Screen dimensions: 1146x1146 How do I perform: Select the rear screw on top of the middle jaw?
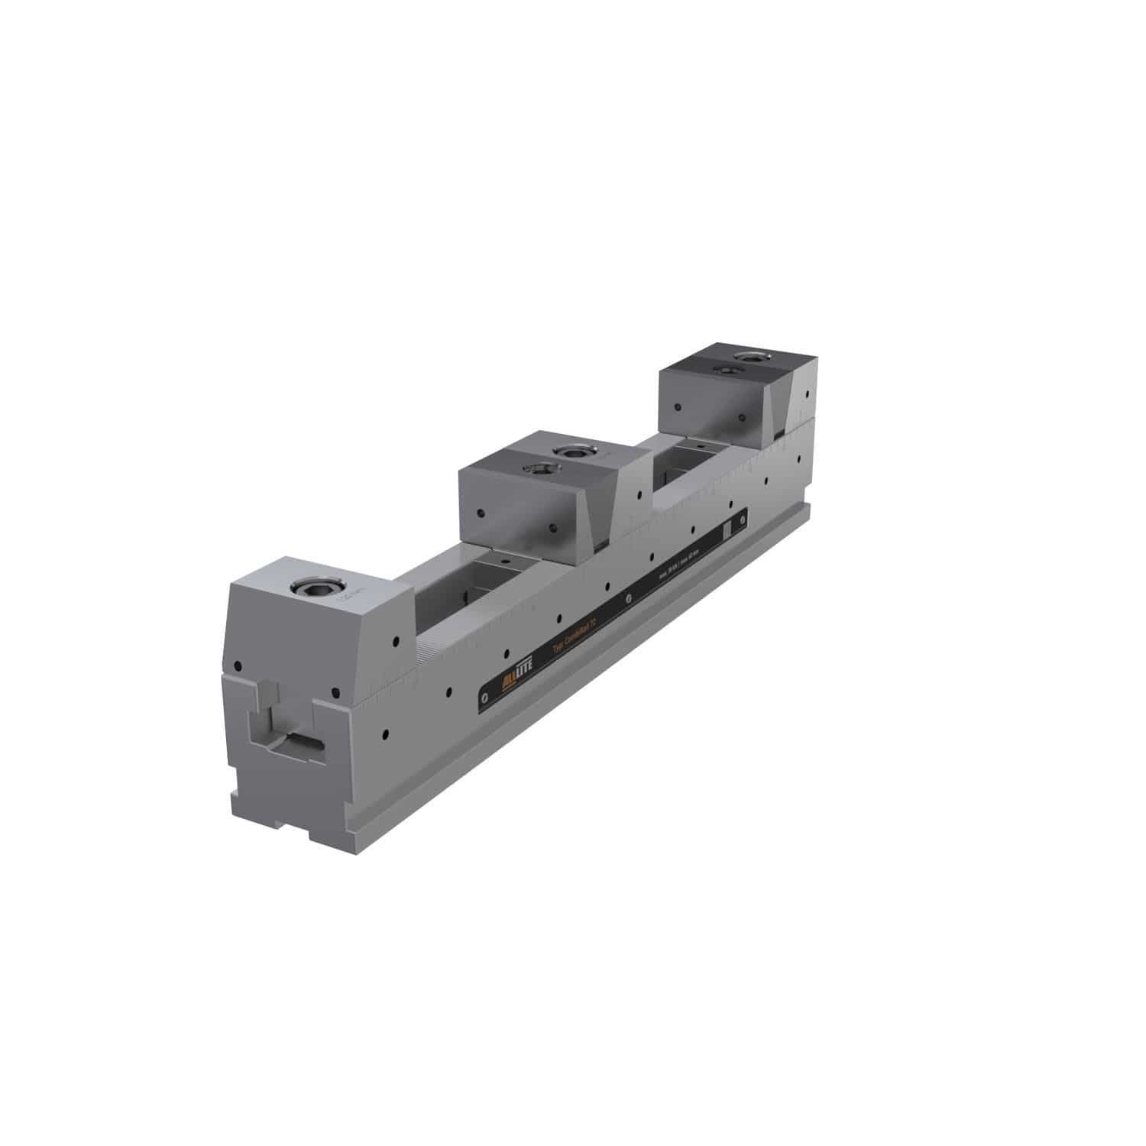coord(570,451)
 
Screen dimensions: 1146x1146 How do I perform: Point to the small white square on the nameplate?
coord(727,529)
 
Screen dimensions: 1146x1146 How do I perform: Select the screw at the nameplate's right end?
coord(742,517)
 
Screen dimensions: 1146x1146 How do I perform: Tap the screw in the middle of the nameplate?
coord(628,597)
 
